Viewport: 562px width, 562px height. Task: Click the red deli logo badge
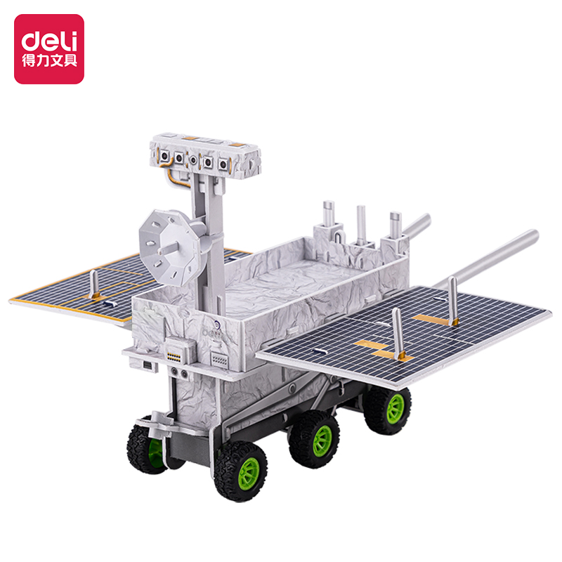(x=49, y=49)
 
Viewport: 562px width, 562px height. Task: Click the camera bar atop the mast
(x=205, y=157)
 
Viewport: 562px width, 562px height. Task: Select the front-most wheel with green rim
(x=240, y=470)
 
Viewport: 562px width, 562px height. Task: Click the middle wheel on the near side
(x=314, y=440)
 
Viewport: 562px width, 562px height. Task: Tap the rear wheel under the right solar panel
(x=388, y=409)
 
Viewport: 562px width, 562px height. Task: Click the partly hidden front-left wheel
(x=147, y=445)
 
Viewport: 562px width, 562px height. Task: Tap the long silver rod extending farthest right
(x=488, y=257)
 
